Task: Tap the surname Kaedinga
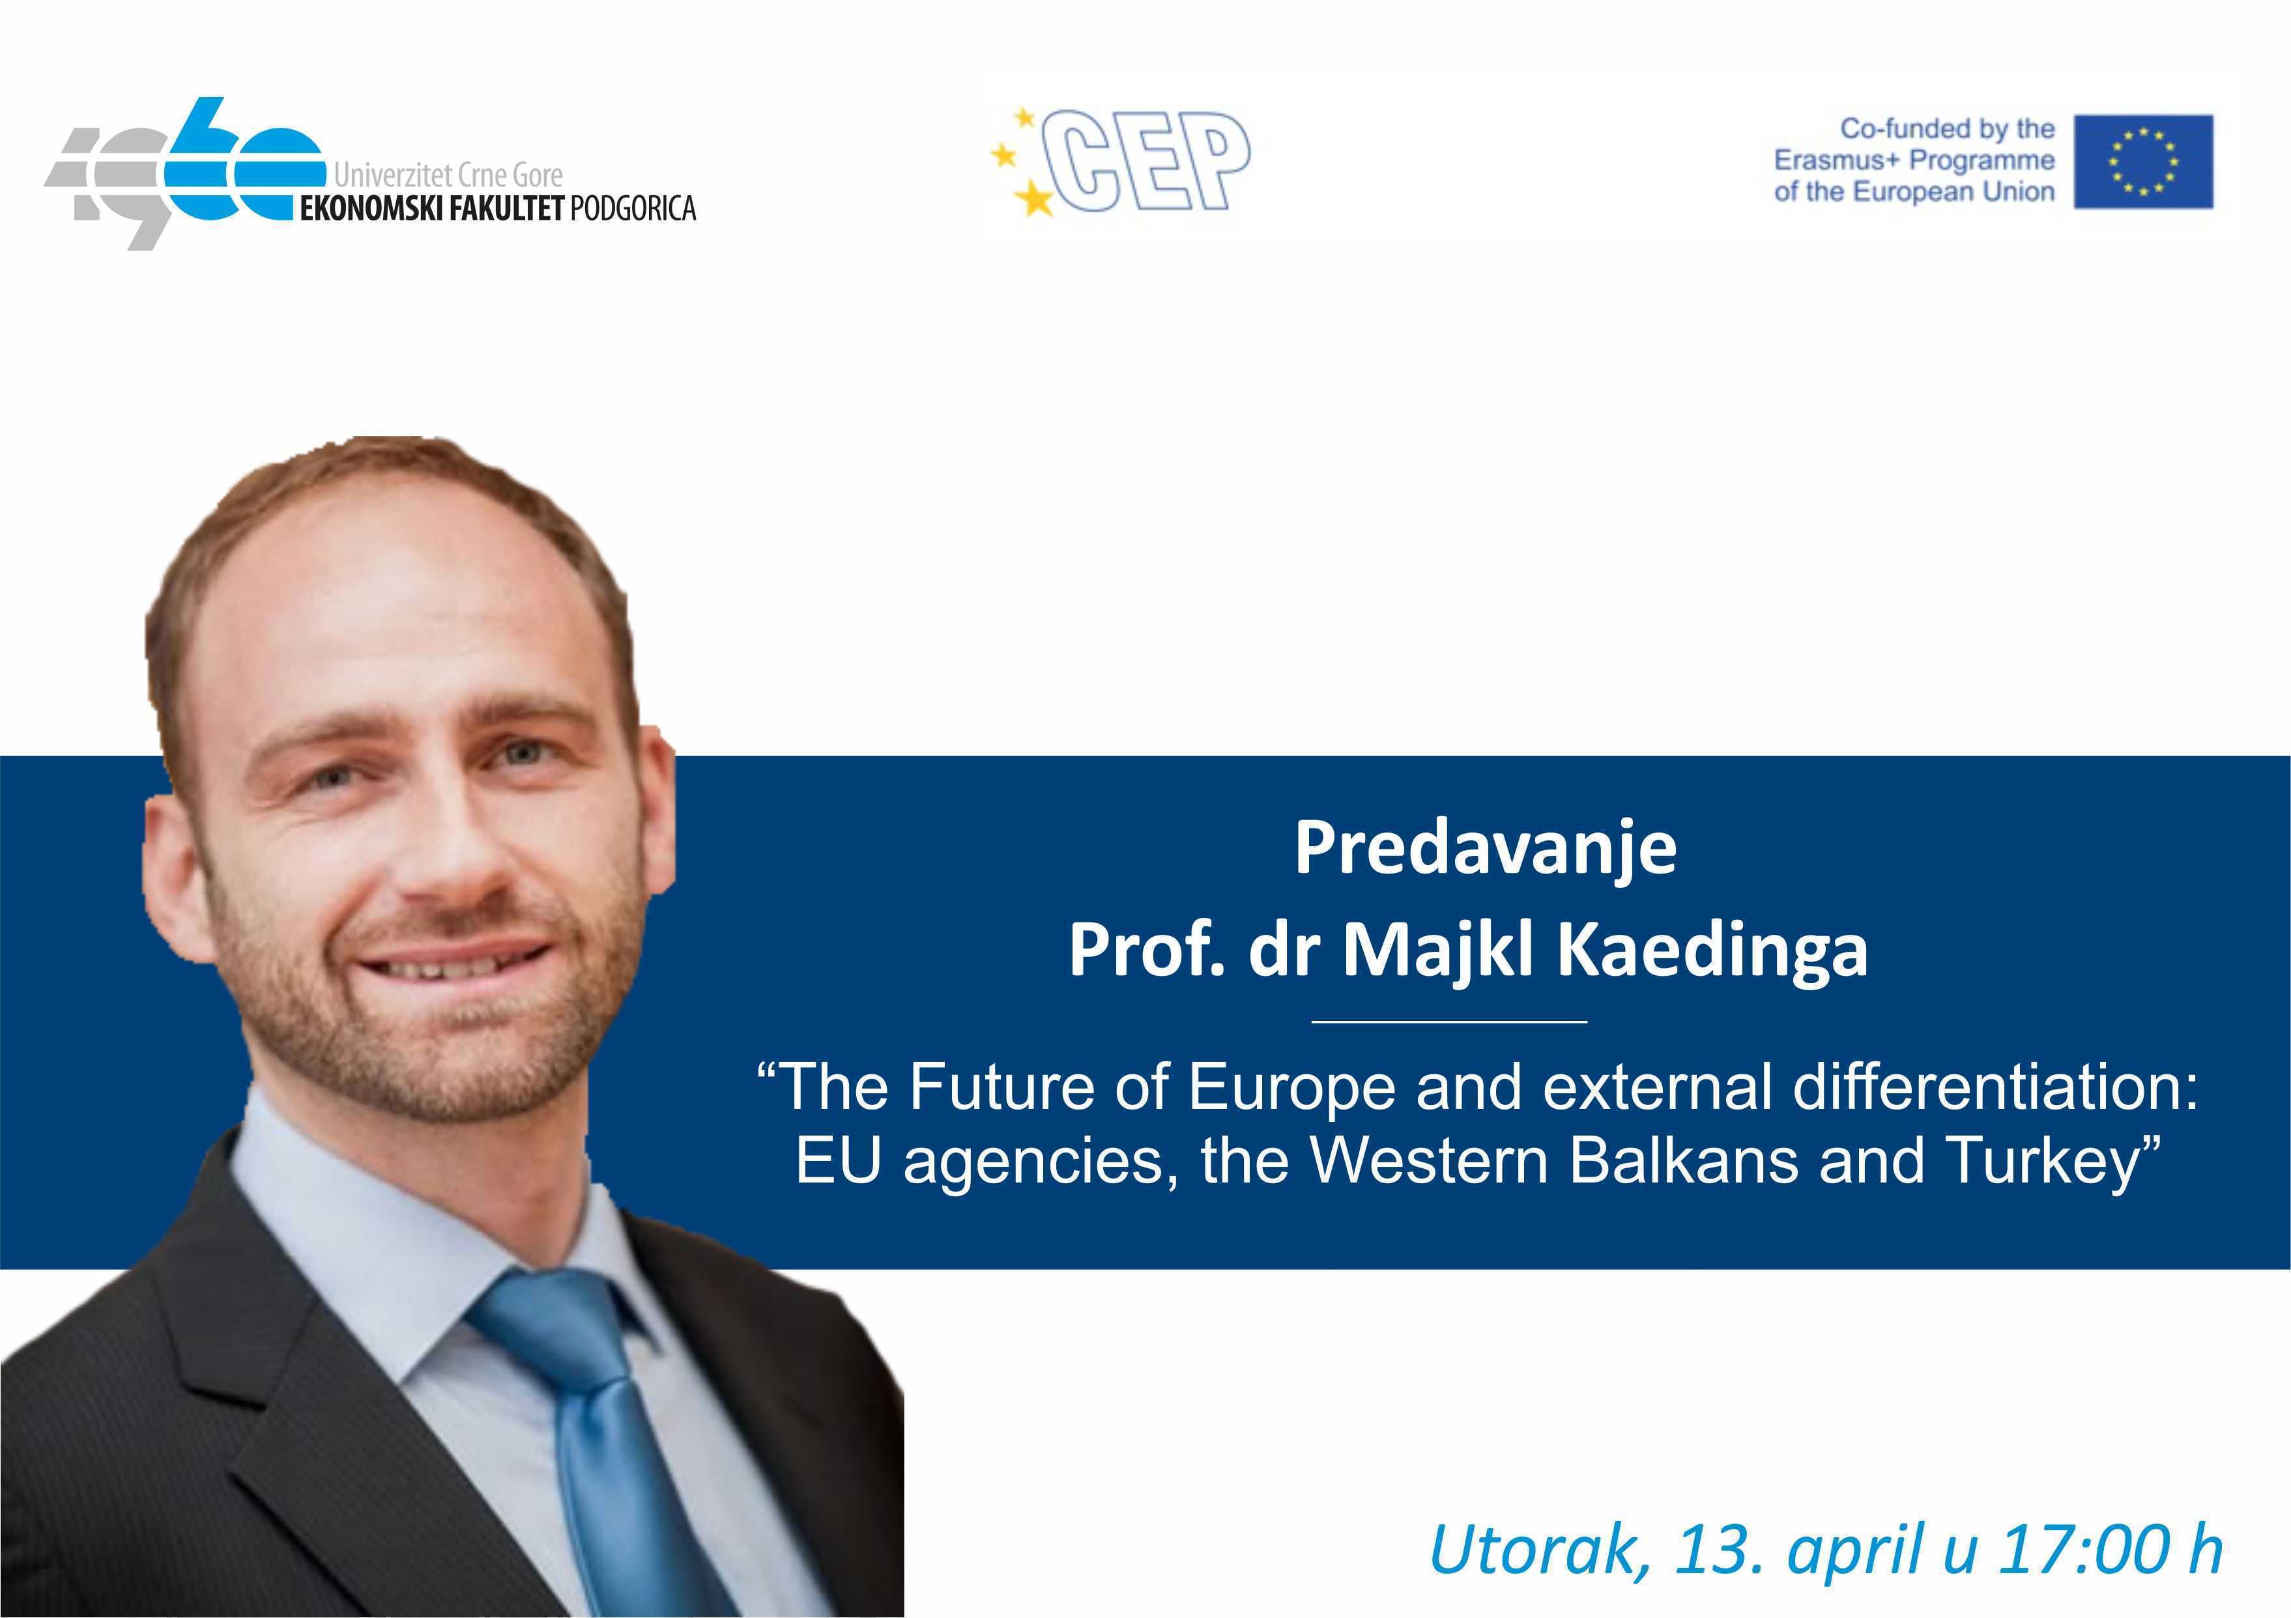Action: [1712, 951]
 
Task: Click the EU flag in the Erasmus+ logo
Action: [2143, 162]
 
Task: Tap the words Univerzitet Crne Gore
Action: [448, 175]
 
